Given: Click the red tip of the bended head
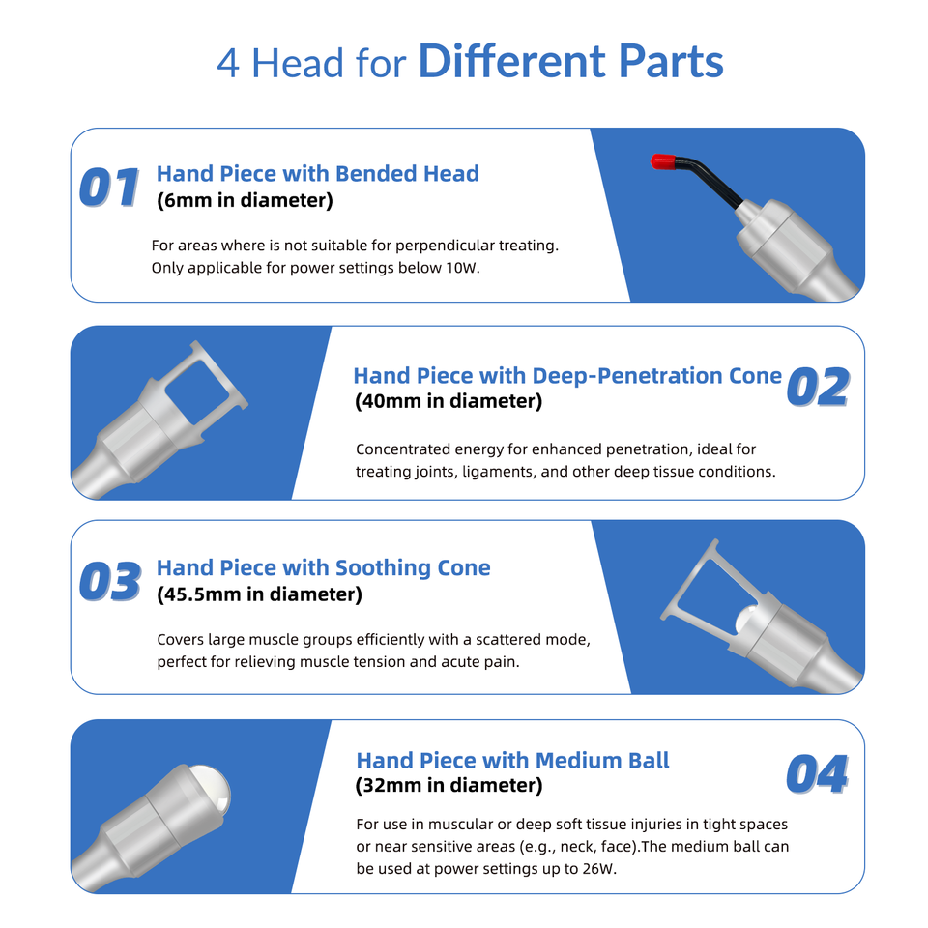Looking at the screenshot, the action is point(663,161).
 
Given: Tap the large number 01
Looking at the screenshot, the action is point(109,188).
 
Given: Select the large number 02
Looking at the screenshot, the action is point(819,387).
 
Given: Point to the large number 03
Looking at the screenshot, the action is point(110,582).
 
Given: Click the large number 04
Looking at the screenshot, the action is point(818,774).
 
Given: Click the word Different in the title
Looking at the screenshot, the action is point(512,61).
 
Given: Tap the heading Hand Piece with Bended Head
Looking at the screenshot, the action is point(318,173).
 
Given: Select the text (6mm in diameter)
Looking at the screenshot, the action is point(245,200).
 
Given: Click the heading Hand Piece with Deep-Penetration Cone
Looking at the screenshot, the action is point(567,376).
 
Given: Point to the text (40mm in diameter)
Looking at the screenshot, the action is point(449,401).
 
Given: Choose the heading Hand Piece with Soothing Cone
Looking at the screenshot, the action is point(324,567).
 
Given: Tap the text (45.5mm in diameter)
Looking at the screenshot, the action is point(260,594).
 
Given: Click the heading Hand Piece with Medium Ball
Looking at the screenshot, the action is point(512,761).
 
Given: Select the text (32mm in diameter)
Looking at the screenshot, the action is point(449,785).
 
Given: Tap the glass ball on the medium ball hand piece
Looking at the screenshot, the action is point(211,787).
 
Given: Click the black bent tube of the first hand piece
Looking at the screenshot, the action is point(710,180).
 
